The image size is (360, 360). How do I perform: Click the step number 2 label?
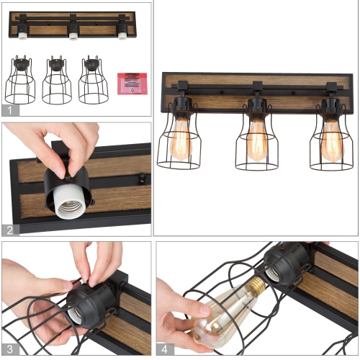pos(9,230)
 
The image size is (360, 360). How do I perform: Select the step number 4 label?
pos(163,349)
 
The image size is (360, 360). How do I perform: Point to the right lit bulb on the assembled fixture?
pos(332,140)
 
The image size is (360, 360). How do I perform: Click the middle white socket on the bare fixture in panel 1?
pos(73,33)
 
